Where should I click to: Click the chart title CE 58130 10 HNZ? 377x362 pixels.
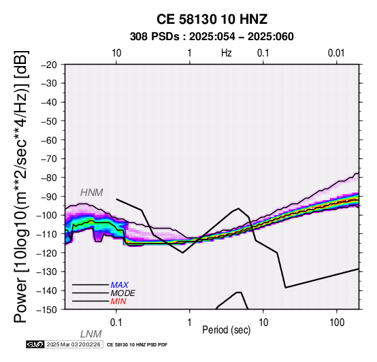click(x=212, y=19)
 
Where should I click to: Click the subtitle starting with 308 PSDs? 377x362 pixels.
click(x=212, y=37)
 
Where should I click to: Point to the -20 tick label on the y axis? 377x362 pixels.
click(x=49, y=65)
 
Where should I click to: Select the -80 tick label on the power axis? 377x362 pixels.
click(x=49, y=178)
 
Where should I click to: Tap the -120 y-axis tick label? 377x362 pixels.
click(x=47, y=253)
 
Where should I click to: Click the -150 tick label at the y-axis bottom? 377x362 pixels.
click(x=47, y=310)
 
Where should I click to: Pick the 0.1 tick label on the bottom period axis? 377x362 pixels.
click(x=116, y=323)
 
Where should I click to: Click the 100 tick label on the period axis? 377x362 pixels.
click(x=337, y=323)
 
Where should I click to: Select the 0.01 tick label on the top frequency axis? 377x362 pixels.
click(x=336, y=53)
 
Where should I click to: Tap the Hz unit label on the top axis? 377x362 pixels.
click(x=226, y=53)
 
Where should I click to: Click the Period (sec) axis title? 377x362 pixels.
click(x=226, y=330)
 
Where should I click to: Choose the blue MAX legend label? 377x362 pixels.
click(x=120, y=285)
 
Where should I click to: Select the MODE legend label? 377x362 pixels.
click(x=123, y=293)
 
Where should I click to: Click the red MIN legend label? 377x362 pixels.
click(x=118, y=301)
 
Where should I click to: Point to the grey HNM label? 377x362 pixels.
click(x=92, y=193)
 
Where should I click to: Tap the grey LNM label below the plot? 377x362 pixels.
click(x=91, y=334)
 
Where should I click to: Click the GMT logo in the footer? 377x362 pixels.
click(x=35, y=344)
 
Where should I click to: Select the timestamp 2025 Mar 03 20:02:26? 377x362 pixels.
click(x=73, y=344)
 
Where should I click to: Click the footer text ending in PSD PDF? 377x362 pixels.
click(x=137, y=345)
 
